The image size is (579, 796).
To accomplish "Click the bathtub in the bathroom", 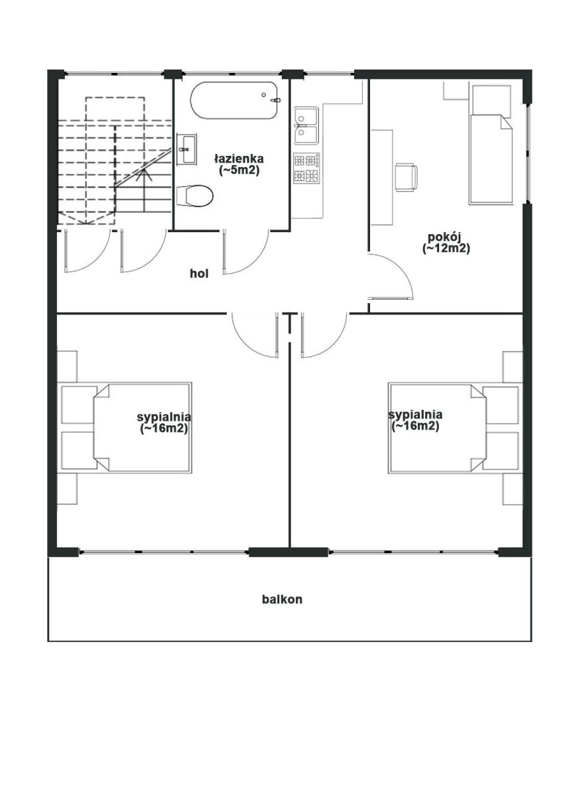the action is pos(233,101).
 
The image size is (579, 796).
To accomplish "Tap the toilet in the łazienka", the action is pos(194,196).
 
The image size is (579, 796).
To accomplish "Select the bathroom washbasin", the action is pos(186,149).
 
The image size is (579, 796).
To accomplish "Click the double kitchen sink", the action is pos(306,126).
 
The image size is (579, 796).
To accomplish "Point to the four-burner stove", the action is pos(306,168).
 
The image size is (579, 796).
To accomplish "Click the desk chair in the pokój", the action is pos(407,177).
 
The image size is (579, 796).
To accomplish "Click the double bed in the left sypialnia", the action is pos(142,428).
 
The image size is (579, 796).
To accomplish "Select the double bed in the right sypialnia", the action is pos(437,428).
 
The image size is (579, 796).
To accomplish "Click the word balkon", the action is pos(282,600).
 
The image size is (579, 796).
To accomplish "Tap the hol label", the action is pos(199,273).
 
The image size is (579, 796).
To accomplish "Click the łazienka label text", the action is pos(239,158).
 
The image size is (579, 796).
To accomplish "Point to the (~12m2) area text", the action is pos(446,248).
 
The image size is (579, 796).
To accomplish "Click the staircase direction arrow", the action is pos(143,190).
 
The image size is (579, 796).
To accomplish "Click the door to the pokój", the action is pos(391,276).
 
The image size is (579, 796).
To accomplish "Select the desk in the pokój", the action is pos(382,178).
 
